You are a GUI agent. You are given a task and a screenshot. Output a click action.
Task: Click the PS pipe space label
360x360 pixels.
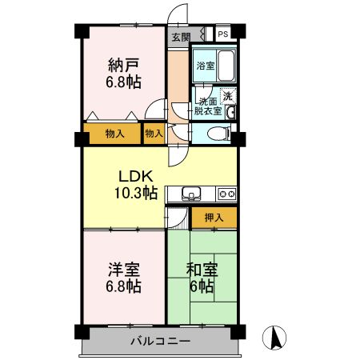pyautogui.click(x=223, y=34)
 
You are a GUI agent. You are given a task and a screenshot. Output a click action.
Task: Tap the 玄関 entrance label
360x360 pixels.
pyautogui.click(x=181, y=37)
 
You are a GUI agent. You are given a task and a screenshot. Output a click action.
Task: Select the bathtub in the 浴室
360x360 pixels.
pyautogui.click(x=226, y=66)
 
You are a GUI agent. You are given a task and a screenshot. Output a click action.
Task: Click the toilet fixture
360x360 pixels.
pyautogui.click(x=218, y=134)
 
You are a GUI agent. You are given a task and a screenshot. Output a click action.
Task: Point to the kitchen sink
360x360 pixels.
pyautogui.click(x=191, y=194)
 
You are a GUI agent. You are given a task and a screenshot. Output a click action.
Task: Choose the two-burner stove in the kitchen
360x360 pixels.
pyautogui.click(x=226, y=194)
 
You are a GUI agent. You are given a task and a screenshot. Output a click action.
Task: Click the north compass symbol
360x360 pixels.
pyautogui.click(x=274, y=338)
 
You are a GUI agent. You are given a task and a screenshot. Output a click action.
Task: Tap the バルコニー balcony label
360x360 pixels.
pyautogui.click(x=161, y=341)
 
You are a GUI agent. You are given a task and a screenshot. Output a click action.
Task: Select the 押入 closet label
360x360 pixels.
pyautogui.click(x=214, y=218)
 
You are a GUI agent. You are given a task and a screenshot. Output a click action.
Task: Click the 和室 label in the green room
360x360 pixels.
pyautogui.click(x=202, y=270)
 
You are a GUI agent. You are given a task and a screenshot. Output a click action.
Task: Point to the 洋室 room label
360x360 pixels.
pyautogui.click(x=124, y=270)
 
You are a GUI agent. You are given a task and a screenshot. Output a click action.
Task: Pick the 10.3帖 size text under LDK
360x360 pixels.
pyautogui.click(x=136, y=193)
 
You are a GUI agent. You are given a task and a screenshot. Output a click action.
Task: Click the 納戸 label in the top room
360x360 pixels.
pyautogui.click(x=124, y=66)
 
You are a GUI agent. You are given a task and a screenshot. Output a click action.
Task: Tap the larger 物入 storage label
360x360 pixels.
pyautogui.click(x=115, y=134)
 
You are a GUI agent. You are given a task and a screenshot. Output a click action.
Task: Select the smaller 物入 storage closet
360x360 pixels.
pyautogui.click(x=154, y=134)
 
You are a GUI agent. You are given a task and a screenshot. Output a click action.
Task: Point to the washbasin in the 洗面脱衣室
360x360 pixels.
pyautogui.click(x=230, y=113)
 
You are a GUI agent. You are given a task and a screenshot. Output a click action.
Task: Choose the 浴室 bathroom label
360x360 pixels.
pyautogui.click(x=206, y=66)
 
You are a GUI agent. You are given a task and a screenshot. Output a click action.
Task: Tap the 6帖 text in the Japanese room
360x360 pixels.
pyautogui.click(x=202, y=286)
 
